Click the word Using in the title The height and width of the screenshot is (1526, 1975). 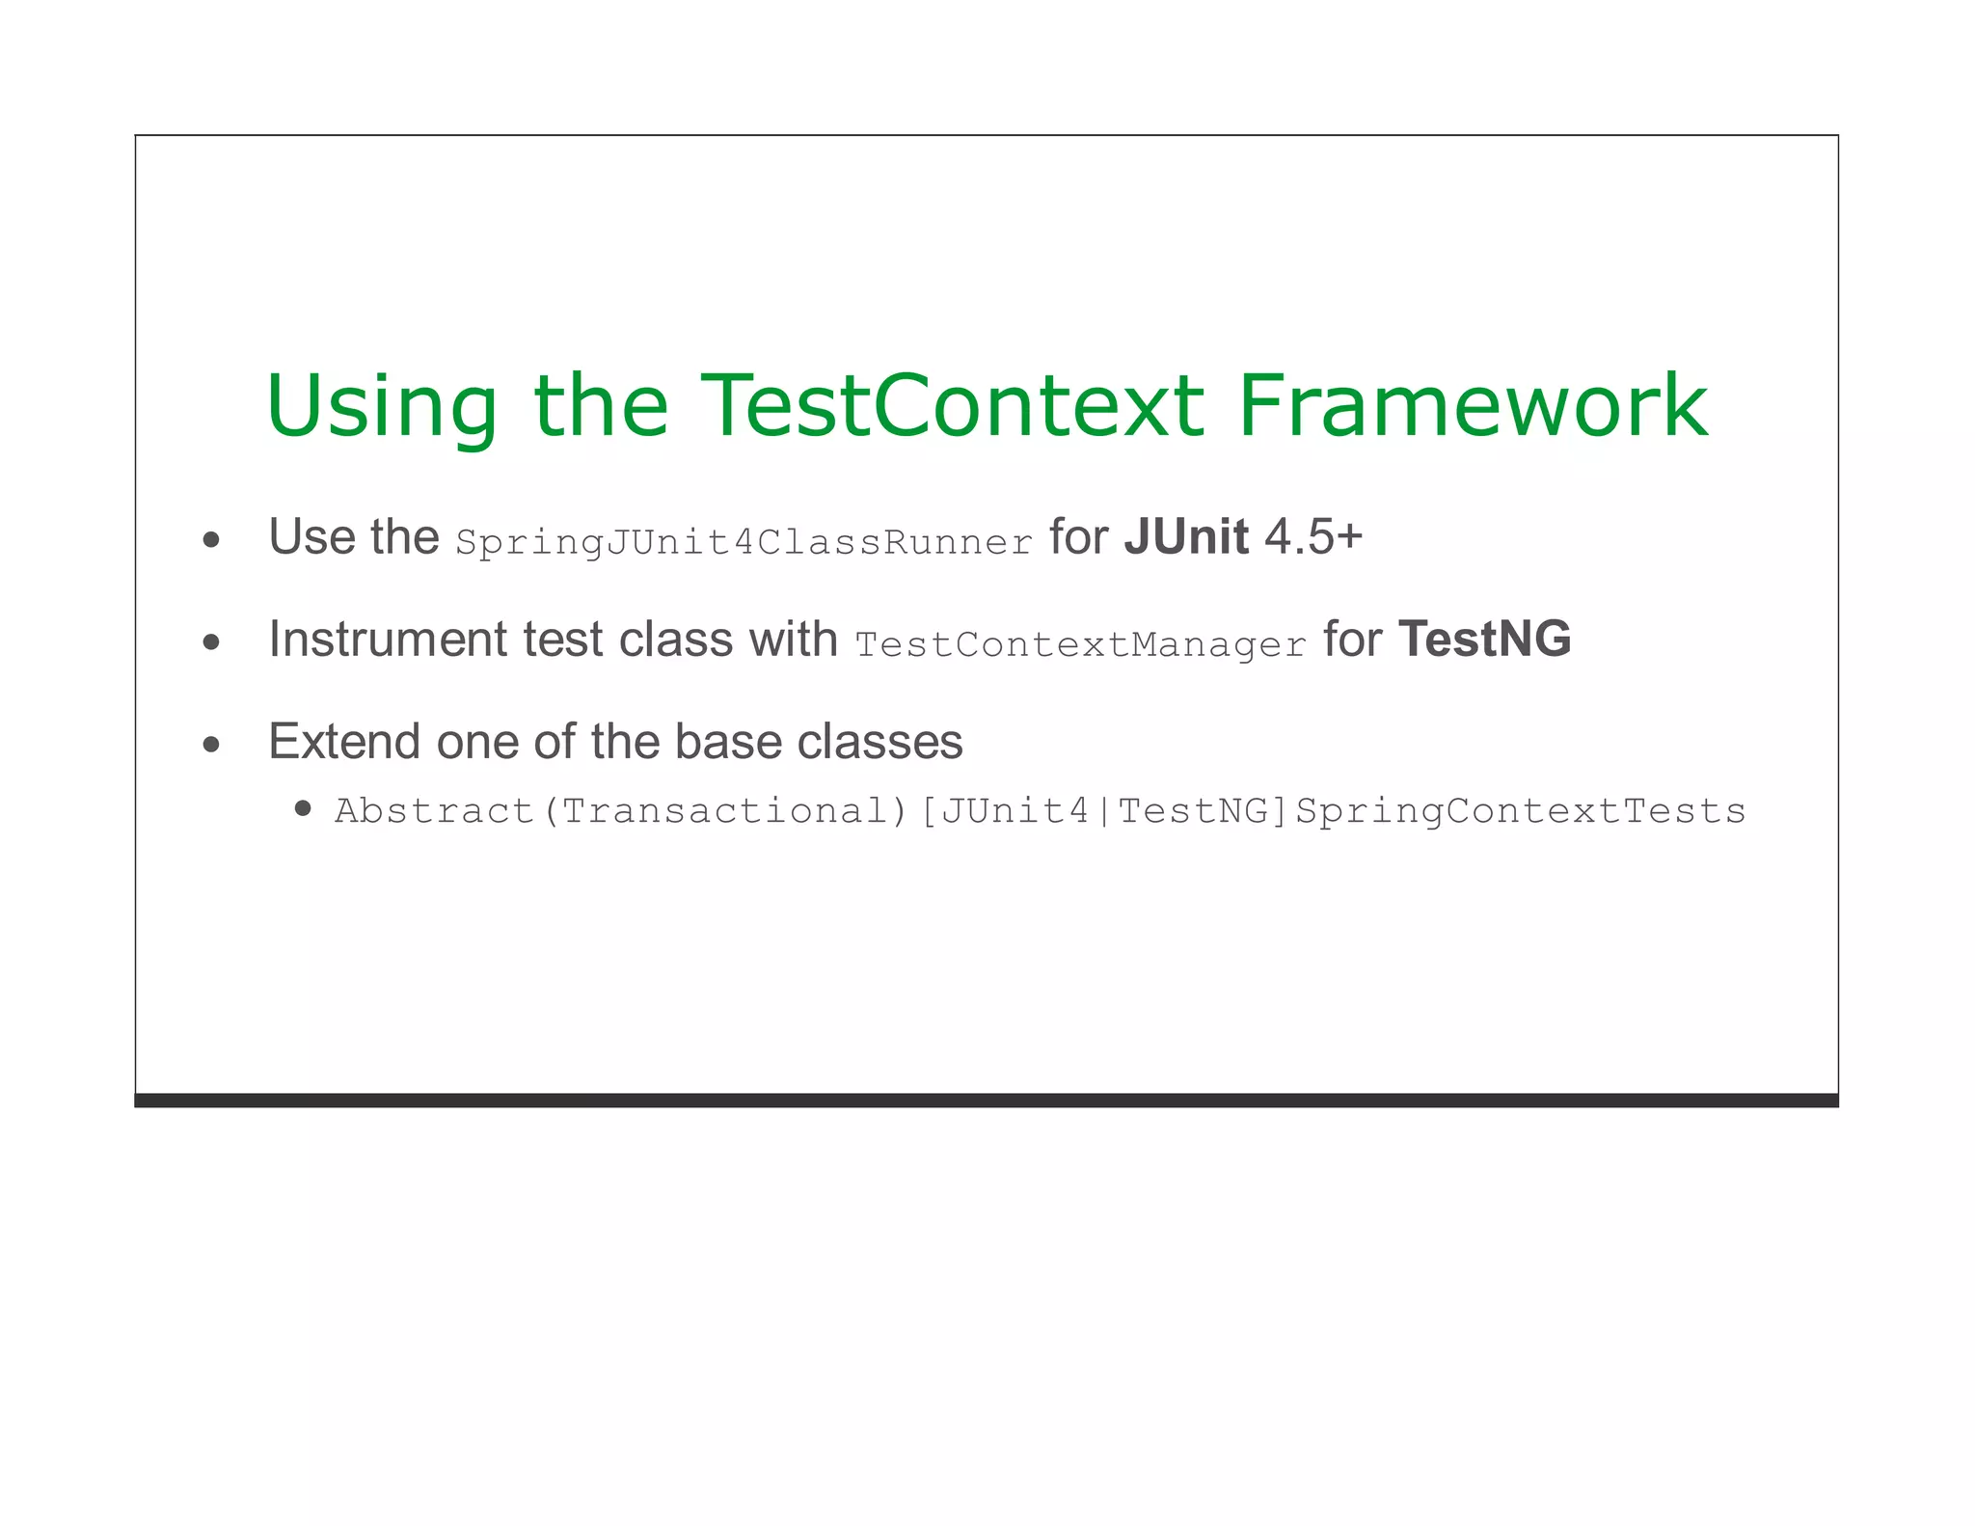pyautogui.click(x=382, y=407)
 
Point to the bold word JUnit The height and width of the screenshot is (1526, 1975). pyautogui.click(x=1185, y=537)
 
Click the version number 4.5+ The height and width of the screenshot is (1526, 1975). pyautogui.click(x=1312, y=537)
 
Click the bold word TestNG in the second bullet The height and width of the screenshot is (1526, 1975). pyautogui.click(x=1484, y=640)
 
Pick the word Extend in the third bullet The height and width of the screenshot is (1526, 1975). pyautogui.click(x=344, y=742)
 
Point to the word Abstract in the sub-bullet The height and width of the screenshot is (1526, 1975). pyautogui.click(x=434, y=811)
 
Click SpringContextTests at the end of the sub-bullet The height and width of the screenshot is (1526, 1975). pyautogui.click(x=1520, y=811)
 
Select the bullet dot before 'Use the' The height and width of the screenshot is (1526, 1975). pyautogui.click(x=212, y=540)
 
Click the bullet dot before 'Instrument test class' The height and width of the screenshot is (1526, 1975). pyautogui.click(x=212, y=642)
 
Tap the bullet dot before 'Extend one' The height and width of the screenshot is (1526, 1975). pyautogui.click(x=212, y=745)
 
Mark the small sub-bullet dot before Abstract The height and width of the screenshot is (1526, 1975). pyautogui.click(x=303, y=808)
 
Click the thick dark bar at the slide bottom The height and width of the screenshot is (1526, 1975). pyautogui.click(x=986, y=1101)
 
